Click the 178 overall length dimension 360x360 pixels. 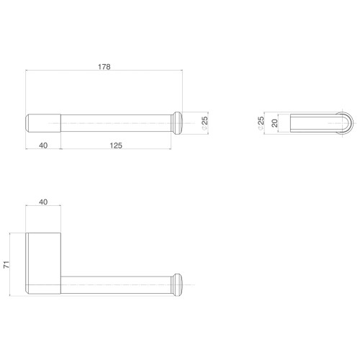point(104,66)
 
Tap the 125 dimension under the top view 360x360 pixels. point(116,145)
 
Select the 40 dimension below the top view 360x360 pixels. point(43,145)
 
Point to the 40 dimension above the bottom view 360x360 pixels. point(43,202)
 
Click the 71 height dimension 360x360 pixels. point(6,264)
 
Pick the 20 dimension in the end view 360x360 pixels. point(274,123)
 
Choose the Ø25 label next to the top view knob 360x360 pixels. point(204,123)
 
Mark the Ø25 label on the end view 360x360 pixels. point(261,123)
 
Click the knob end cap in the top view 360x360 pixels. point(177,123)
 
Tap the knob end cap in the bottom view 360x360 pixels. point(177,285)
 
